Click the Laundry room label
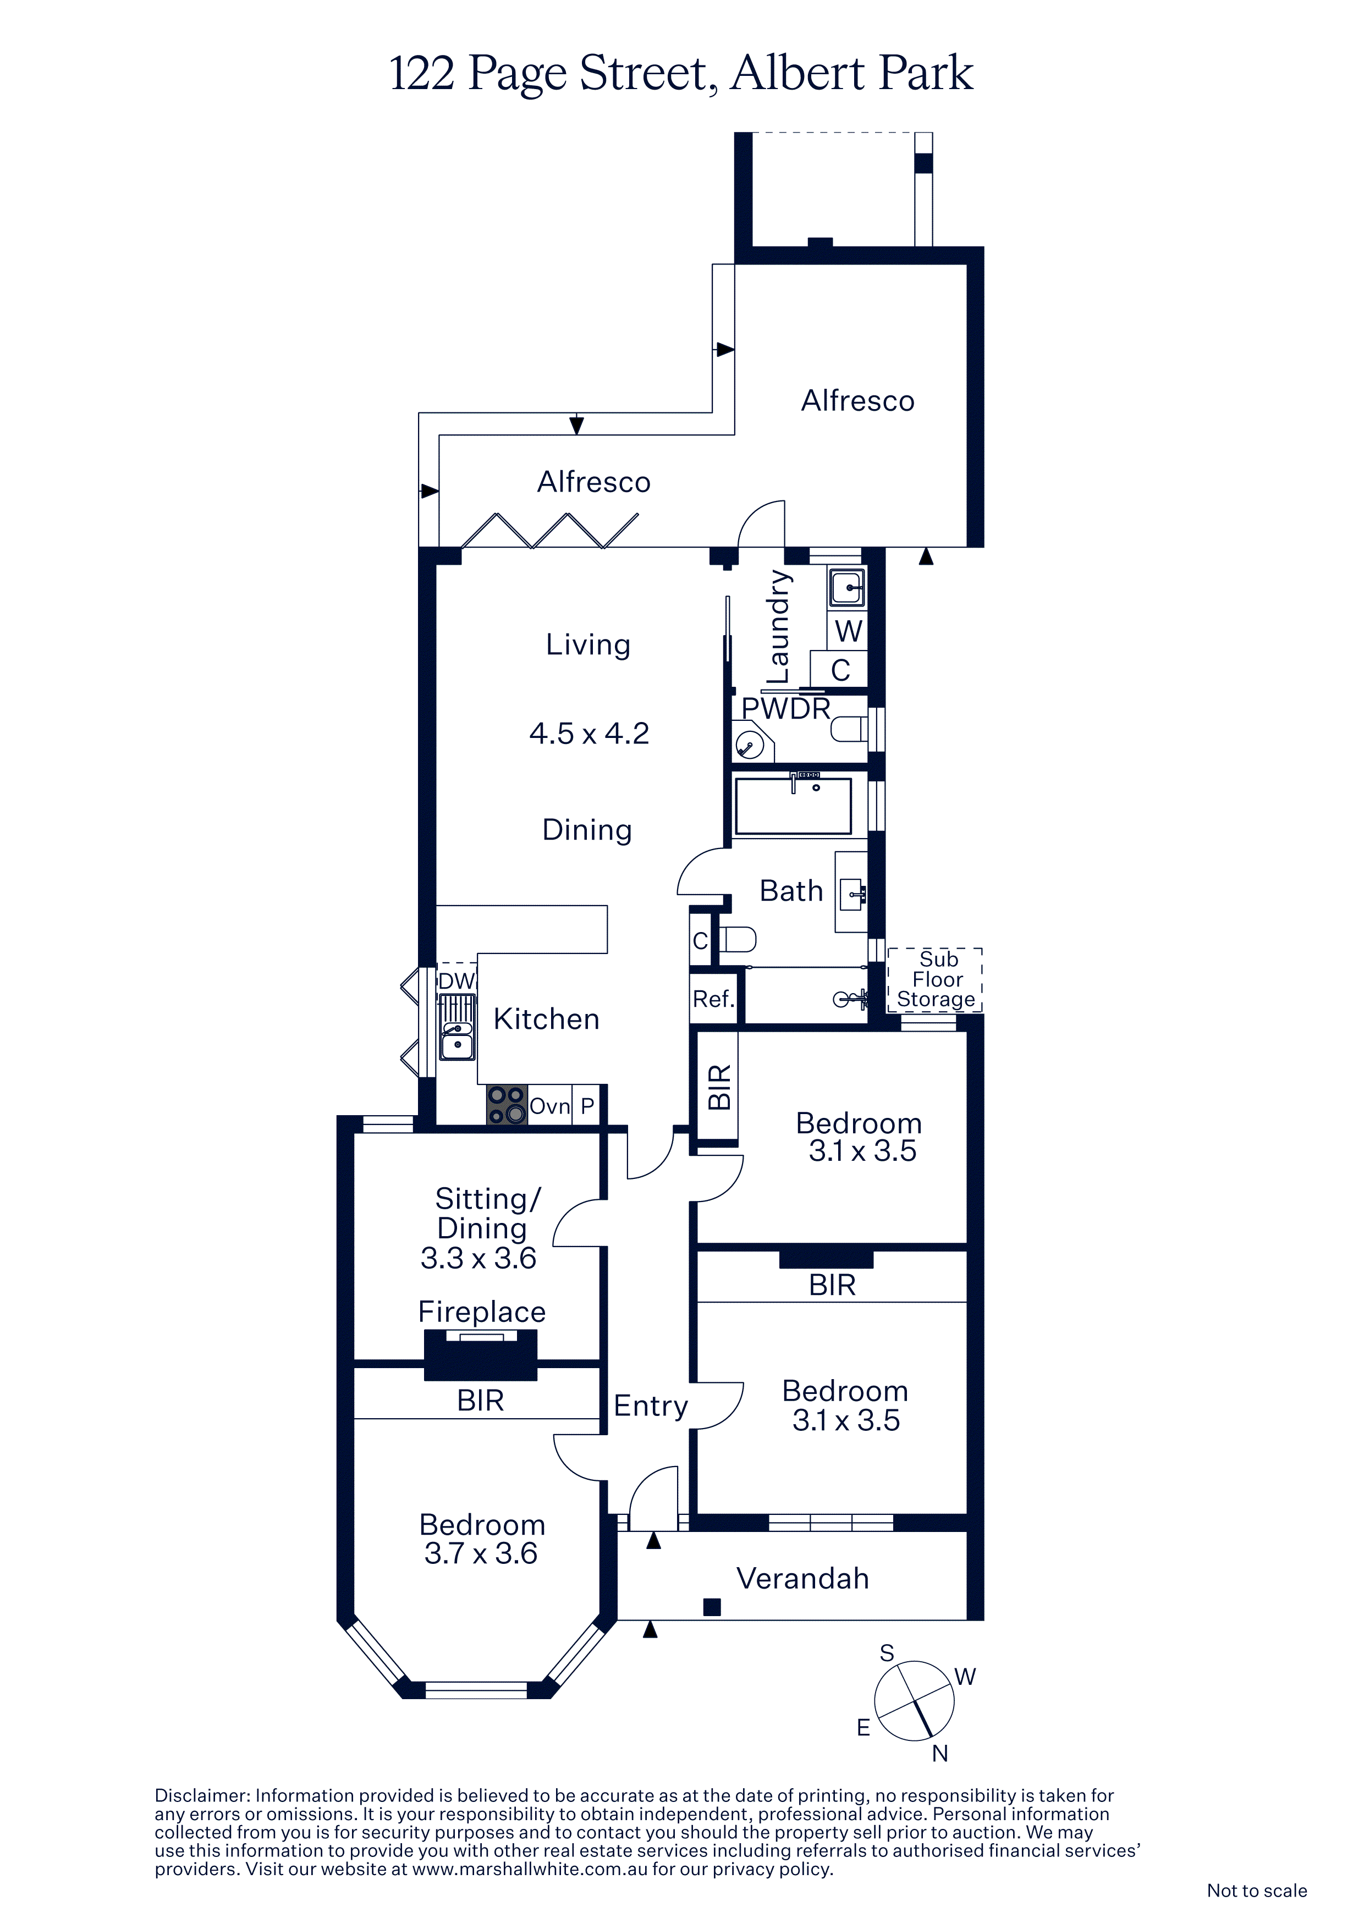(778, 627)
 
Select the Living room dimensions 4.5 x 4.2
(589, 734)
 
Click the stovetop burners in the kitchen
(507, 1105)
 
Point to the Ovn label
(549, 1106)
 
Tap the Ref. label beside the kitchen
(713, 999)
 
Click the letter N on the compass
(939, 1754)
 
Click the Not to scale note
(1256, 1891)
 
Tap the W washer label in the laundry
(848, 630)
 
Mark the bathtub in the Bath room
(793, 806)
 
